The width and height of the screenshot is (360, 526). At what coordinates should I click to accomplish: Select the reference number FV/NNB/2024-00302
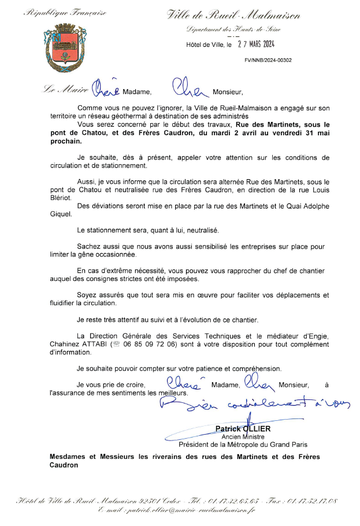tap(268, 60)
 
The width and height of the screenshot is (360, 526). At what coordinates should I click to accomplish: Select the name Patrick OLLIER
tap(243, 428)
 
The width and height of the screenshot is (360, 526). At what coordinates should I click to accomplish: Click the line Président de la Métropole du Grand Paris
tap(243, 444)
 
